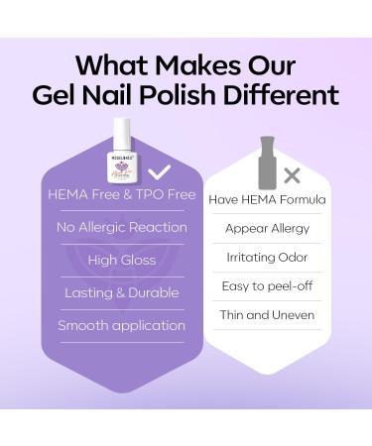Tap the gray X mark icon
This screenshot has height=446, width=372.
point(292,175)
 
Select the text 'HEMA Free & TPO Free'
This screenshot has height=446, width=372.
point(122,194)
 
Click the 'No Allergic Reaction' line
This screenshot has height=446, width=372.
point(122,227)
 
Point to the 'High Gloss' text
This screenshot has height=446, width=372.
point(122,260)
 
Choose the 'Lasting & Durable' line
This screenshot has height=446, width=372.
point(122,292)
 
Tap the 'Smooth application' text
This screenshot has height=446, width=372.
point(122,325)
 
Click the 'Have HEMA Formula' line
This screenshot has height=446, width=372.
point(267,199)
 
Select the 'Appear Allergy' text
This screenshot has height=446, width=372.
point(267,228)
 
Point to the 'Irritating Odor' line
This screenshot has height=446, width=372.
point(267,257)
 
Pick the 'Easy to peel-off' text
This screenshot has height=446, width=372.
point(267,285)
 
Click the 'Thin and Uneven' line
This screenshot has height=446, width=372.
point(267,314)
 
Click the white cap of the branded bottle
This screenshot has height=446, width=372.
point(122,131)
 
